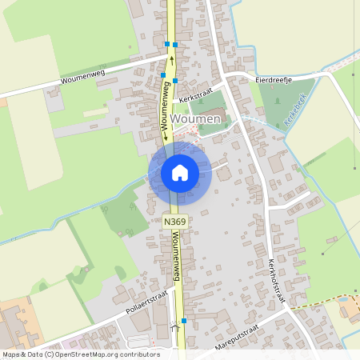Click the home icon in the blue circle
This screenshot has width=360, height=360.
tap(180, 172)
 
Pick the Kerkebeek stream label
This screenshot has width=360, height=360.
tap(295, 110)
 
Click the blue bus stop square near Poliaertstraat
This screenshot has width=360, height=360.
tap(184, 321)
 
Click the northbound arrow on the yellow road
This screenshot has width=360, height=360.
tap(170, 60)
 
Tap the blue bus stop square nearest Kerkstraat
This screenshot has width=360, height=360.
tap(175, 81)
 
